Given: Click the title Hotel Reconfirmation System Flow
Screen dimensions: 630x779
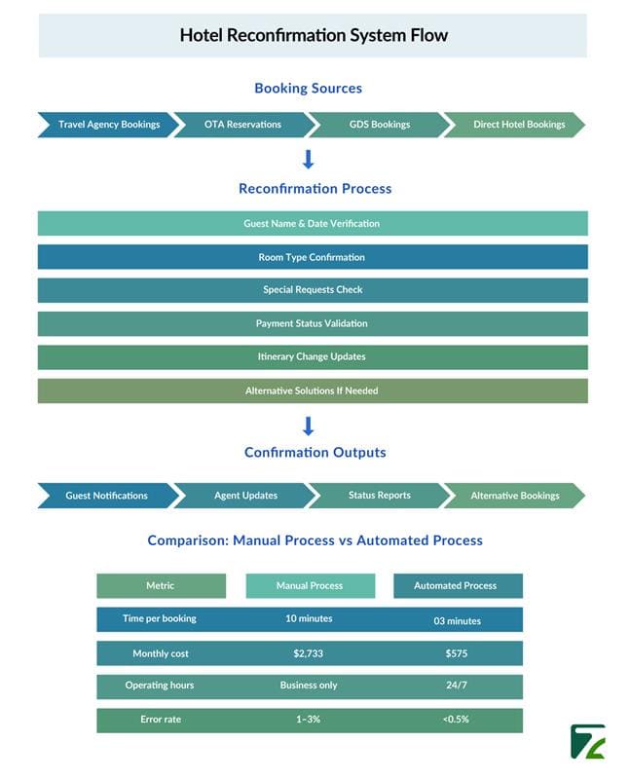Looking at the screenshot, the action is tap(314, 35).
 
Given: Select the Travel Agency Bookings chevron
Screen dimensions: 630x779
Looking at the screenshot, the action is tap(108, 125).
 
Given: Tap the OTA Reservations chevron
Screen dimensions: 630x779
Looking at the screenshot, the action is tap(243, 125).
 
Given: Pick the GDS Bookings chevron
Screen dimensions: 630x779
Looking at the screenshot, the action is tap(379, 125).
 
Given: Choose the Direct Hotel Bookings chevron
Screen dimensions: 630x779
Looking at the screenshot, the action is tap(515, 125).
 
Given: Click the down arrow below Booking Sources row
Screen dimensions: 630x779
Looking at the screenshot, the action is tap(308, 160).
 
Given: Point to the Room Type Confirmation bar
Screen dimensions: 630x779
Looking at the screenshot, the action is tap(313, 257).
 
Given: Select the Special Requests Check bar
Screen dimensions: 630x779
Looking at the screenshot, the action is tap(313, 290).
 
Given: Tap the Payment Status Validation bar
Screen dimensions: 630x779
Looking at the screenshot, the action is tap(313, 323).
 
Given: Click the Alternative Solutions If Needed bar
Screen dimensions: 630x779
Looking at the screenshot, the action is tap(313, 391).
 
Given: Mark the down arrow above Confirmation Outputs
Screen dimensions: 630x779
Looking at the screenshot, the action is tap(308, 427).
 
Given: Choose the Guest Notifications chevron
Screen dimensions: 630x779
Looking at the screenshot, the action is tap(108, 496).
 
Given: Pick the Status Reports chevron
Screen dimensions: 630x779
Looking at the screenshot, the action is tap(379, 496).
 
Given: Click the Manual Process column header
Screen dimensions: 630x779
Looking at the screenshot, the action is tap(310, 586).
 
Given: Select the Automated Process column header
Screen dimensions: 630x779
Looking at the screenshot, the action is tap(458, 586).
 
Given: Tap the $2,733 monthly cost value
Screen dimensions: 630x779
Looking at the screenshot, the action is tap(308, 653).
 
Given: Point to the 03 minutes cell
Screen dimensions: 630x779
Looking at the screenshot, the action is tap(457, 621).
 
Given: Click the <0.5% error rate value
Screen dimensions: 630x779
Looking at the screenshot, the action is tap(456, 719).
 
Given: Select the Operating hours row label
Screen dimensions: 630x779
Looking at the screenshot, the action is tap(160, 686).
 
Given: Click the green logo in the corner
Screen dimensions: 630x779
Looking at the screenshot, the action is tap(588, 742).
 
